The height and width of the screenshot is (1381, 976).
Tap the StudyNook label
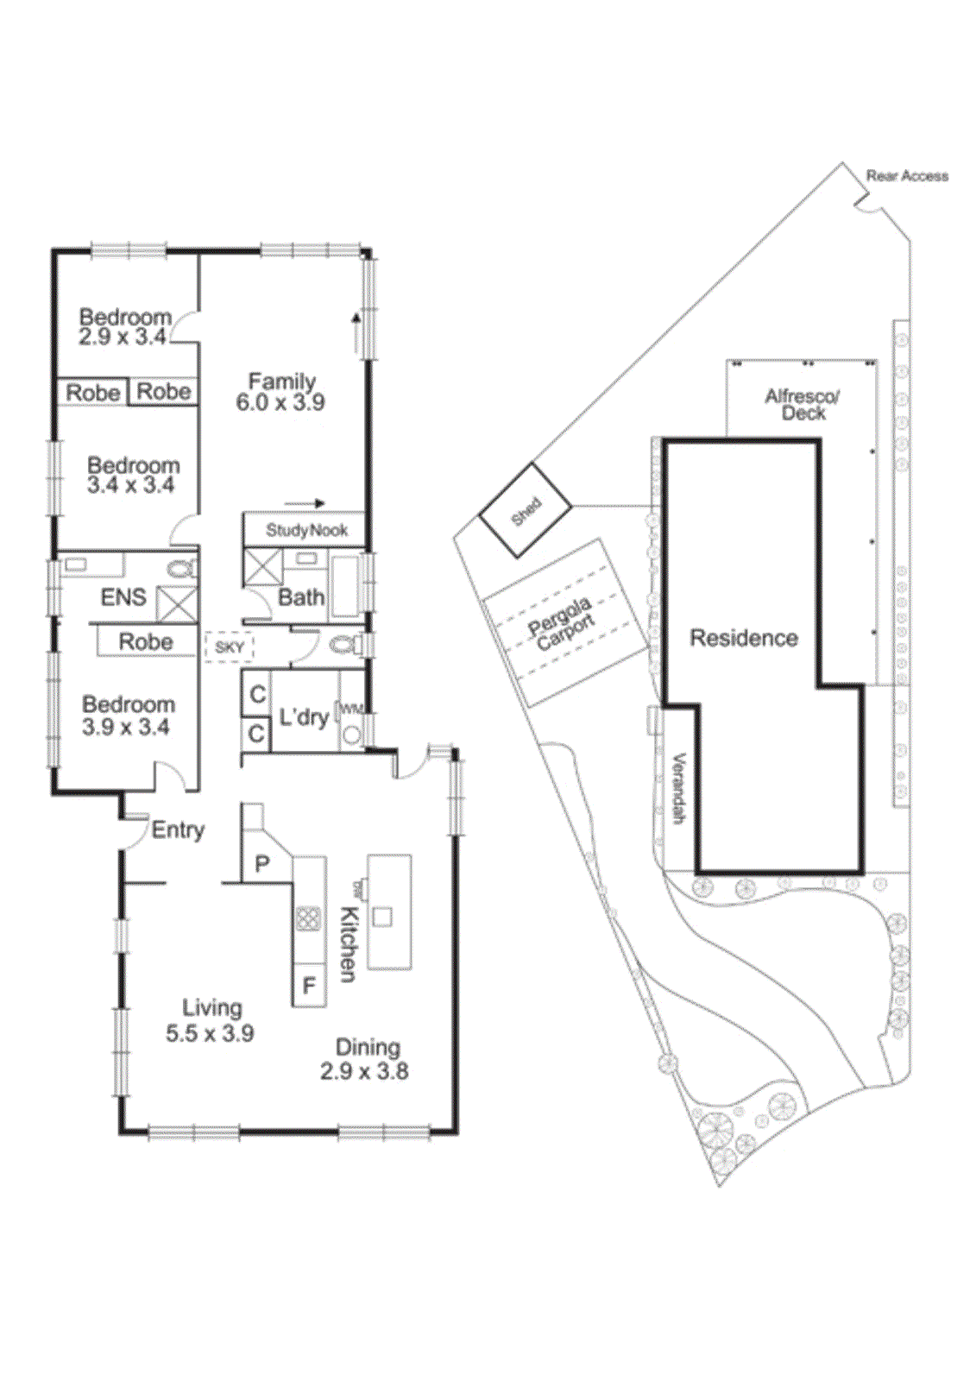(x=306, y=530)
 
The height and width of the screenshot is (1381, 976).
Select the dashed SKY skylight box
(x=229, y=647)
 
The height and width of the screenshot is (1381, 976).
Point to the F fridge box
(x=309, y=986)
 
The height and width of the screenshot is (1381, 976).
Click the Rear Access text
(x=907, y=176)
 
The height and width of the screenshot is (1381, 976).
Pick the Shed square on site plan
(x=525, y=510)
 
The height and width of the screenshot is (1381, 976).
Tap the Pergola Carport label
(x=562, y=623)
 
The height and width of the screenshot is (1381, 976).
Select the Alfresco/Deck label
(x=803, y=404)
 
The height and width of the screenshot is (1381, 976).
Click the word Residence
(x=744, y=638)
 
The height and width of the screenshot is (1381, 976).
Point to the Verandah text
(x=679, y=788)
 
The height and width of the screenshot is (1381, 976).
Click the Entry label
(x=178, y=830)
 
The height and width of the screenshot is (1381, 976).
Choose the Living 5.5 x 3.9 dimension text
(x=210, y=1033)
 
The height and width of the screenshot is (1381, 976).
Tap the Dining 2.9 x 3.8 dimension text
(x=364, y=1071)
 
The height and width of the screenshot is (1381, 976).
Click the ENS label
(x=123, y=597)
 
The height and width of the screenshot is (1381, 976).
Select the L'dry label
(x=304, y=717)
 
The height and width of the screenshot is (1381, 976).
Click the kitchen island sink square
(x=383, y=917)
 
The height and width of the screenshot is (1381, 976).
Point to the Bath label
(x=301, y=597)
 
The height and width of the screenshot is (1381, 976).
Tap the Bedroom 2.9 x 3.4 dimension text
(x=123, y=337)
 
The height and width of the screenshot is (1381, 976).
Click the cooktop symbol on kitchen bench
(x=308, y=918)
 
